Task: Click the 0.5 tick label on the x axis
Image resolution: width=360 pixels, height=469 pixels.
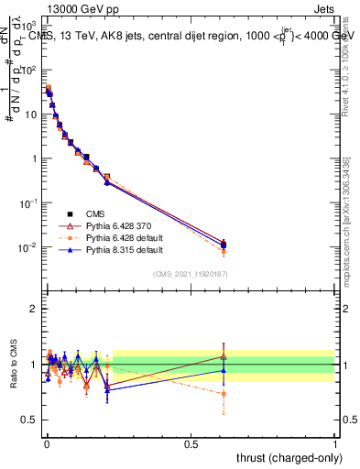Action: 191,444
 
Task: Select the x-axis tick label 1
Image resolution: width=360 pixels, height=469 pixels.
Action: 335,444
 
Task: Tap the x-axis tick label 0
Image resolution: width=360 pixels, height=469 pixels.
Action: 46,444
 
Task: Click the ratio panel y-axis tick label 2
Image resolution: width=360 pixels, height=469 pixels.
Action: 34,309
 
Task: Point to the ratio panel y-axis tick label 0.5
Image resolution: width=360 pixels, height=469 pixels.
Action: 29,420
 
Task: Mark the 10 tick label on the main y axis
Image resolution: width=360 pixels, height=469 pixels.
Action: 29,115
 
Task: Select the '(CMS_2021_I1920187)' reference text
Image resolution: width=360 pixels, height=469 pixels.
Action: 191,275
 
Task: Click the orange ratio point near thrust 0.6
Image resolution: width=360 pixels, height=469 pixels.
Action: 224,394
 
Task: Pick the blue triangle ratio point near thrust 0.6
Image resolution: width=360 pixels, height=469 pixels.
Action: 224,370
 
